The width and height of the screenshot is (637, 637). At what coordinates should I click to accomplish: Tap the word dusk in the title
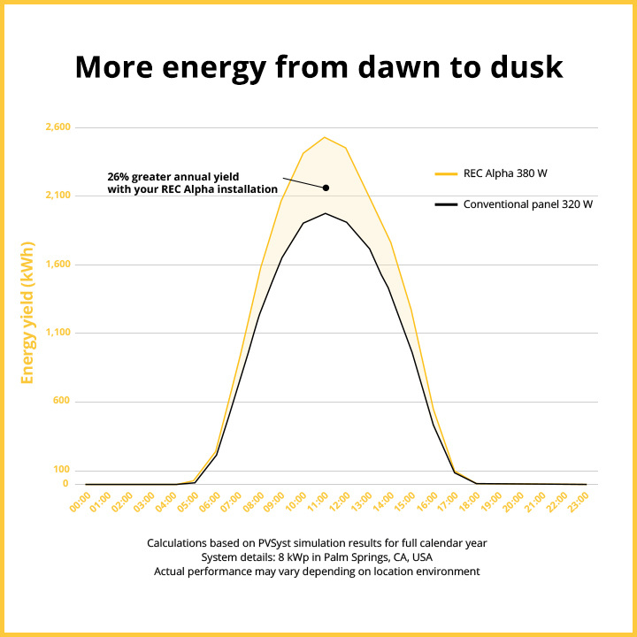(x=522, y=67)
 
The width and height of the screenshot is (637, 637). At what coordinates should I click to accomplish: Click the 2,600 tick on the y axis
(x=58, y=127)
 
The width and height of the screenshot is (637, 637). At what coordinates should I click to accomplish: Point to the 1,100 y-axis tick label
(x=58, y=333)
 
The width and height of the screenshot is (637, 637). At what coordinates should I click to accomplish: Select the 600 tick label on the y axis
(x=61, y=402)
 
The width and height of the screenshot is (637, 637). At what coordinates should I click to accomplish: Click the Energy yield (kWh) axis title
(x=27, y=312)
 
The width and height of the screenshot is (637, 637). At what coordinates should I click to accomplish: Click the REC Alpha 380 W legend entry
(x=511, y=173)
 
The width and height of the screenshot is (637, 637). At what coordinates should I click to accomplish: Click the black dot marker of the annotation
(x=326, y=188)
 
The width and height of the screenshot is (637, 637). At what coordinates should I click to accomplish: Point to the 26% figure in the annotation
(x=118, y=175)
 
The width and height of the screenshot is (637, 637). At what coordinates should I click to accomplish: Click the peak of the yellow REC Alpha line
(x=325, y=137)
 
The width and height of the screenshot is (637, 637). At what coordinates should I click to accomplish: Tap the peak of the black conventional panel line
(x=325, y=213)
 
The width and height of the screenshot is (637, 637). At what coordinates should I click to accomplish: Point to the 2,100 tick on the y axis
(x=58, y=196)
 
